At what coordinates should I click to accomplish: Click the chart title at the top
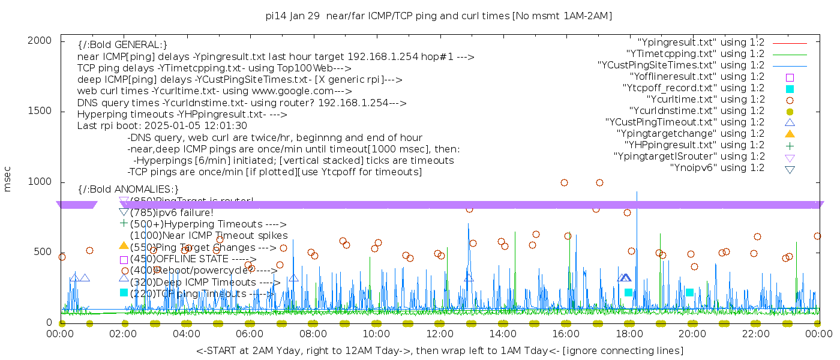click(x=439, y=16)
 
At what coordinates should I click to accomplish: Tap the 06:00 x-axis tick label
click(x=250, y=334)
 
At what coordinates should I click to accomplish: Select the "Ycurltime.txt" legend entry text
click(x=706, y=100)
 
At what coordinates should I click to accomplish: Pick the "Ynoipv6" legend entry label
click(x=717, y=168)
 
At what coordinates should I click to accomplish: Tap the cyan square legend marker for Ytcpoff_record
click(x=790, y=89)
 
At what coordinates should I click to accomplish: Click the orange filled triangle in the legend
click(x=790, y=134)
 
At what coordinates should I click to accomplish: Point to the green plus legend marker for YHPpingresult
click(x=790, y=145)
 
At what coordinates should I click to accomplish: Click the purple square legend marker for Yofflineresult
click(x=790, y=77)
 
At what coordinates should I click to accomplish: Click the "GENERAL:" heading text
click(x=137, y=45)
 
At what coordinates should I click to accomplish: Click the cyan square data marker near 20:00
click(x=689, y=292)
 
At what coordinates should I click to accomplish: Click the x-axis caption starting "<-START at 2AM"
click(x=439, y=350)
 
